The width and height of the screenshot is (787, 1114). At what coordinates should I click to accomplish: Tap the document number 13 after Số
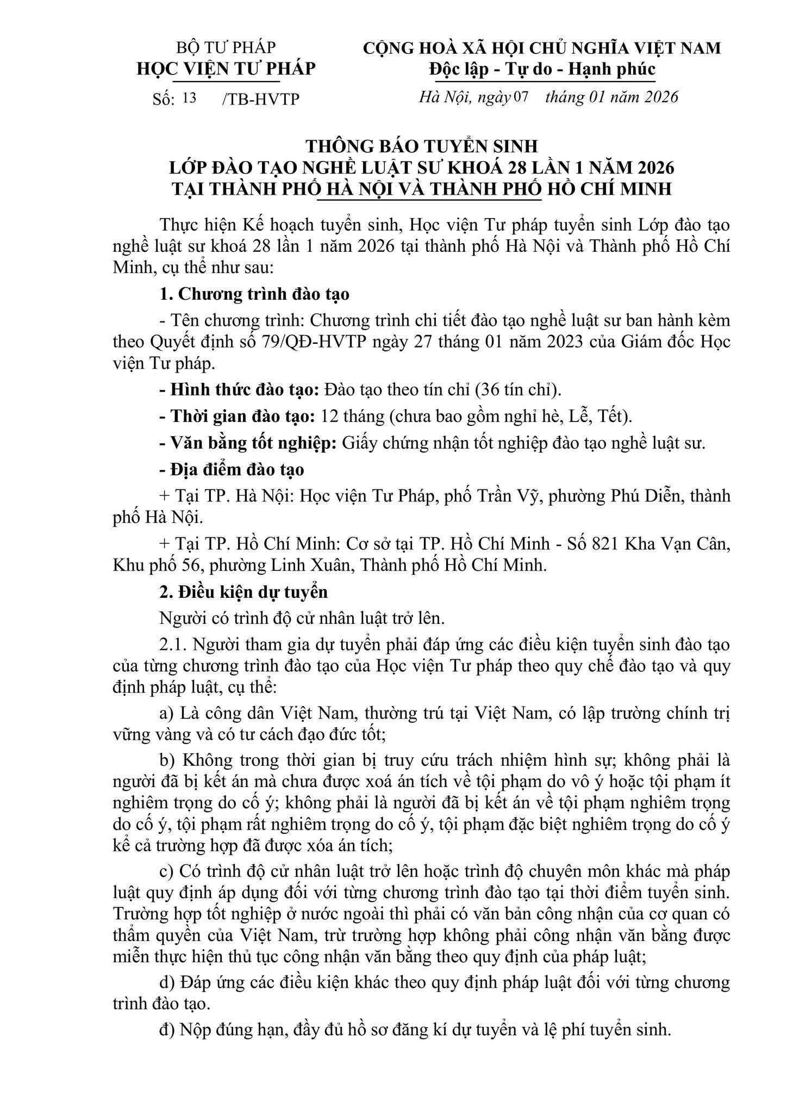pos(190,98)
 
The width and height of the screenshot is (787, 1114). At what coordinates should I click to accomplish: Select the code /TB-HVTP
pos(261,99)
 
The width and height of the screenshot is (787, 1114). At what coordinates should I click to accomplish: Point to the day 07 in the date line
pos(521,97)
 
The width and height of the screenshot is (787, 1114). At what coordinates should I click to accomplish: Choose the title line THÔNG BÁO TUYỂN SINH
pos(421,146)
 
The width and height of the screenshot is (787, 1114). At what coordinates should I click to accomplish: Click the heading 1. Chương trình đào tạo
pos(254,294)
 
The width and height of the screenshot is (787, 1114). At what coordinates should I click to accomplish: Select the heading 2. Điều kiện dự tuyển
pos(243,591)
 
